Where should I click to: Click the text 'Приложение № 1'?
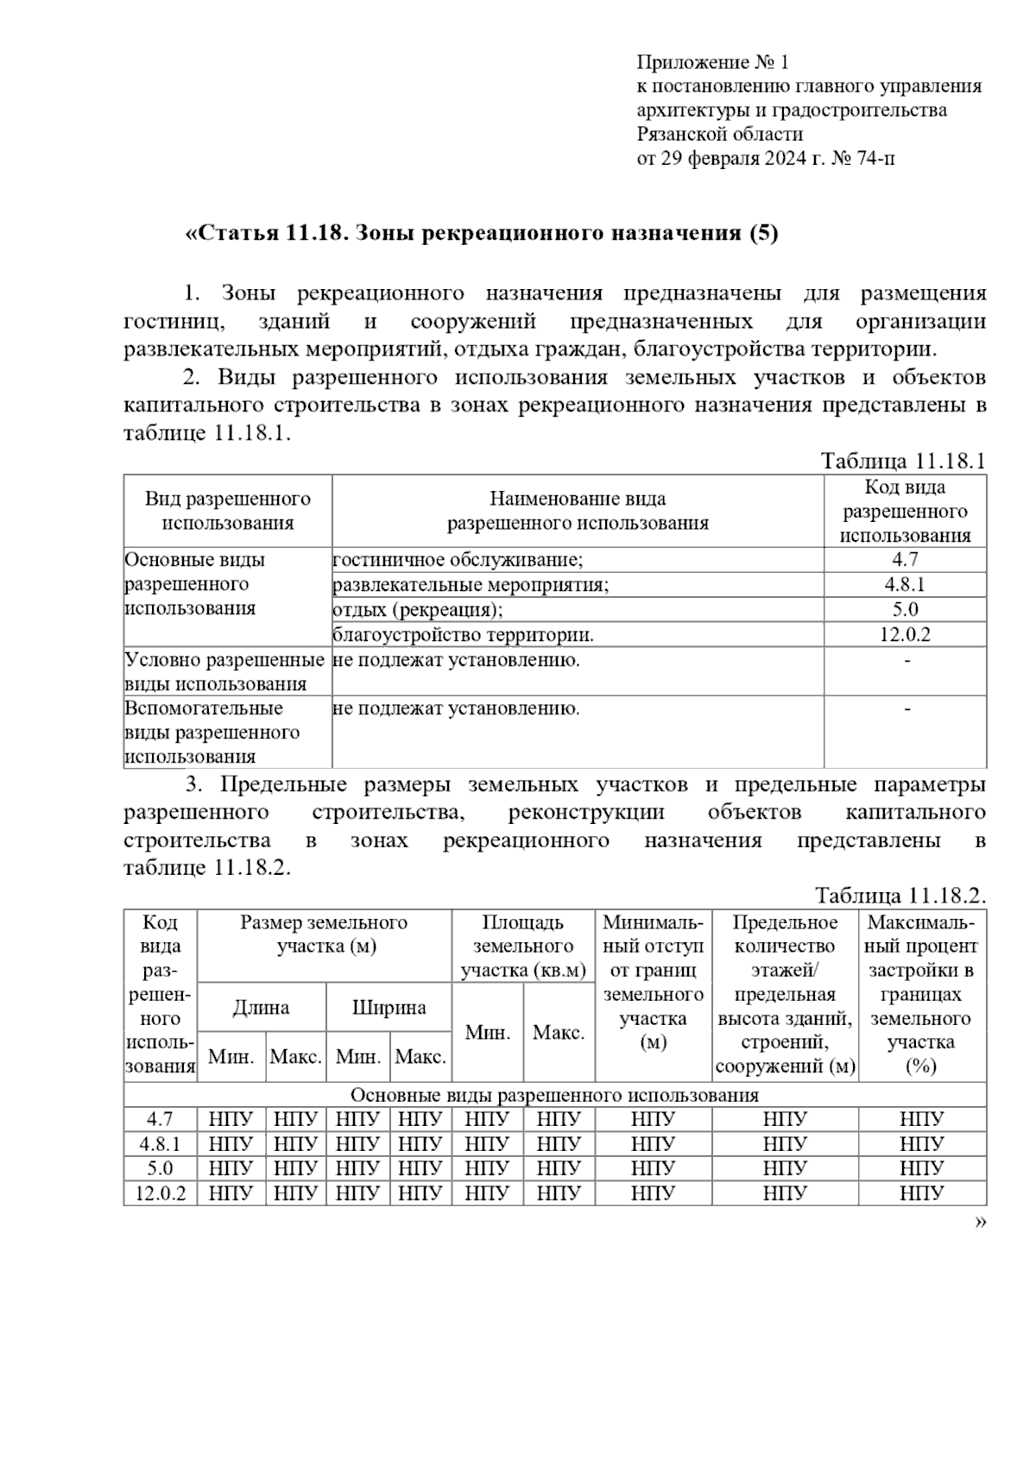click(712, 62)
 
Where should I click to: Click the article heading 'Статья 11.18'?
click(270, 233)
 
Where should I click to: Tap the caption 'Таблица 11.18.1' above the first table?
click(902, 461)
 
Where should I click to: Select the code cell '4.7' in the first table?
click(905, 559)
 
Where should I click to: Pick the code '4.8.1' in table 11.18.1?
click(905, 584)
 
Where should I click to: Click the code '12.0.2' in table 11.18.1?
click(905, 635)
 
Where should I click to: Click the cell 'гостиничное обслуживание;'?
click(458, 559)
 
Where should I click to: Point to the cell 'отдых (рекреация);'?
click(418, 610)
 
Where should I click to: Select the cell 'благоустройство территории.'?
click(464, 635)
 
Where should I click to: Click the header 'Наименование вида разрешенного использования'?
click(577, 510)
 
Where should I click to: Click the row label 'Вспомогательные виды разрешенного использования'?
click(212, 732)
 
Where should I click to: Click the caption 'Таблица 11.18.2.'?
click(900, 896)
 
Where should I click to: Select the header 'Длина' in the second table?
click(261, 1007)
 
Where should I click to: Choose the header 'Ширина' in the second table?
click(388, 1007)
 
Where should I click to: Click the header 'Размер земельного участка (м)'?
click(325, 934)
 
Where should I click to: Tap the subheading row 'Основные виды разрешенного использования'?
click(554, 1095)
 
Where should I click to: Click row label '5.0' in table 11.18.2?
click(160, 1168)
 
